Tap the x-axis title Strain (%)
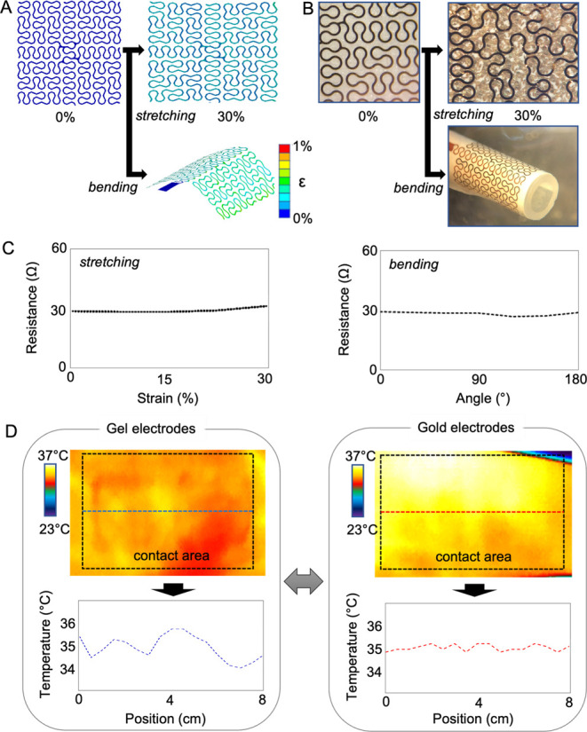tap(168, 395)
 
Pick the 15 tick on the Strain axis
tap(168, 379)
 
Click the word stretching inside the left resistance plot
tap(105, 263)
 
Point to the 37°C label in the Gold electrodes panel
tap(352, 458)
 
